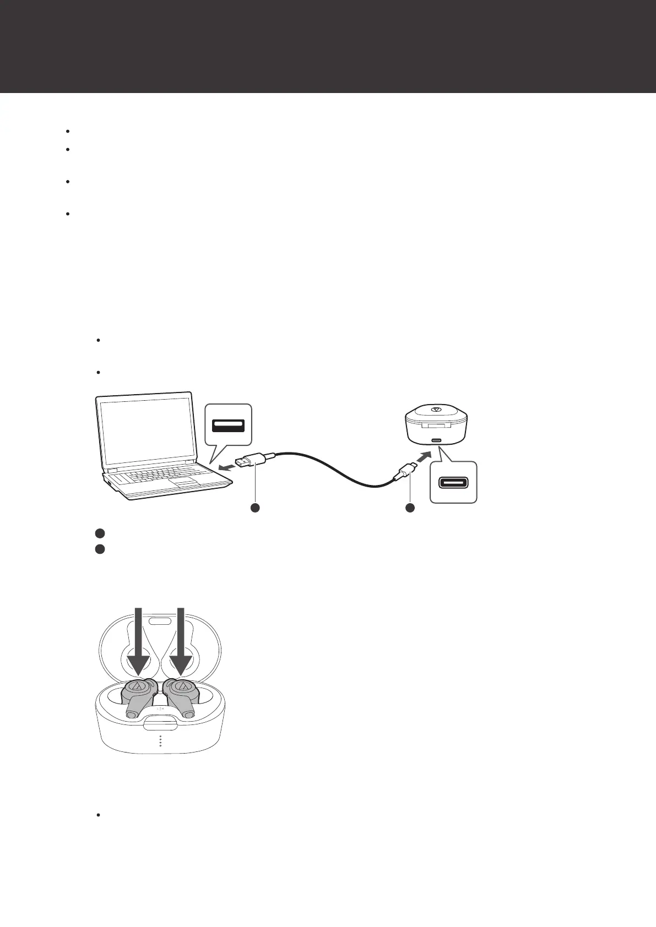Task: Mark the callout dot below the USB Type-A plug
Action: pos(255,508)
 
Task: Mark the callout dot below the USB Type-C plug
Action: pos(410,508)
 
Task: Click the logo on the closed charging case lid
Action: pos(436,410)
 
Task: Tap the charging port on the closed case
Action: pos(436,440)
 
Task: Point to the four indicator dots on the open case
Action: pos(160,741)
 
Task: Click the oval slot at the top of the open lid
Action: pos(159,621)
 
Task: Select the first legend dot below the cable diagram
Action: pos(99,533)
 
